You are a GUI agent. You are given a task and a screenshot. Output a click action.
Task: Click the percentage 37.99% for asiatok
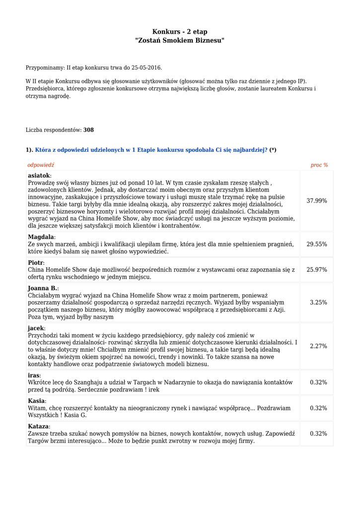coord(317,201)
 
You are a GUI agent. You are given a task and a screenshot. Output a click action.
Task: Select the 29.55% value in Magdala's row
coord(317,244)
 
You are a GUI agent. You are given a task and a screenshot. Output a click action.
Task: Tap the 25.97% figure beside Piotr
coord(317,269)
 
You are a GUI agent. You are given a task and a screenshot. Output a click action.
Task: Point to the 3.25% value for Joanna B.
coord(318,302)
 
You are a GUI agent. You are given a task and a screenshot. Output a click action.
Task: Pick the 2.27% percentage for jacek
coord(318,346)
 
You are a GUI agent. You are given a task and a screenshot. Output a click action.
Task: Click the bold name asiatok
coord(39,176)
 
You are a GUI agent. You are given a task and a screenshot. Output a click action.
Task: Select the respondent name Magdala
coord(41,237)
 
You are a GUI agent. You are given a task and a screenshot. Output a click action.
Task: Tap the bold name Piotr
coord(36,262)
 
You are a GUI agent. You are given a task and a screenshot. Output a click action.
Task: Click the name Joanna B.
coord(43,288)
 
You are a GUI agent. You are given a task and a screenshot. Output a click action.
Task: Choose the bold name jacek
coord(36,328)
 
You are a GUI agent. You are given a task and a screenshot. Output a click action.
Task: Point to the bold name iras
coord(33,375)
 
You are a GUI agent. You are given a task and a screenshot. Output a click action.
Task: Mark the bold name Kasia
coord(36,401)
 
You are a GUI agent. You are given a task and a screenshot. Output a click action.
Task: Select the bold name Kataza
coord(38,427)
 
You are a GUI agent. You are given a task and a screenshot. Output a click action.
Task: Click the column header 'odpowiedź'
coord(41,165)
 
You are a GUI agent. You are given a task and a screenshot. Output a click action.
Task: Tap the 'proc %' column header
coord(319,165)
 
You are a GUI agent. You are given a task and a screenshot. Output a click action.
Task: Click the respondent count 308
coord(88,130)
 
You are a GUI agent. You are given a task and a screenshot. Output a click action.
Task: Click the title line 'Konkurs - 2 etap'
coord(180,32)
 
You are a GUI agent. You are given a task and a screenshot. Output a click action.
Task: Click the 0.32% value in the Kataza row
coord(318,434)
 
